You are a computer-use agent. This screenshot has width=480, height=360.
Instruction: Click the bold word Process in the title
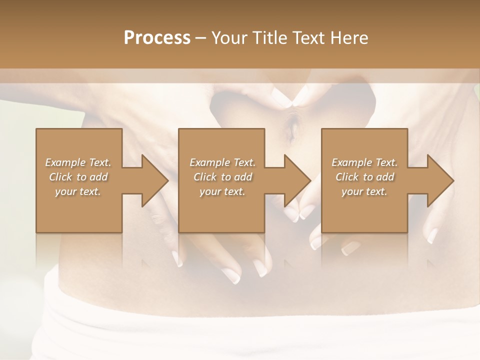click(157, 38)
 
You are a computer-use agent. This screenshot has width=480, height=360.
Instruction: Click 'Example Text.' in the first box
click(78, 162)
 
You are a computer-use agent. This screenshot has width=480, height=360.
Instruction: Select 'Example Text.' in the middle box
click(222, 162)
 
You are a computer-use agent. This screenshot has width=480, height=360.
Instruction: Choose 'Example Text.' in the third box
click(364, 162)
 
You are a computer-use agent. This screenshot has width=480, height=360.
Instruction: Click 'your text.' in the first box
click(78, 191)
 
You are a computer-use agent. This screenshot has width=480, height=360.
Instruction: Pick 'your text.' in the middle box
click(222, 191)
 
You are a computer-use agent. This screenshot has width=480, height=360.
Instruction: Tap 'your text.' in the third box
click(364, 191)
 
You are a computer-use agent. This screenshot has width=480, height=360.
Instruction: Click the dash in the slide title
click(201, 38)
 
